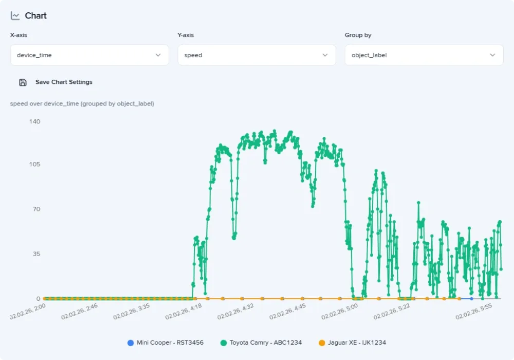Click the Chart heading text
point(35,16)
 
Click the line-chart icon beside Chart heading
point(15,16)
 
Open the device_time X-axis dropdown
point(89,55)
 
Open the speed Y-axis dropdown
point(256,55)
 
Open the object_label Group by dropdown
point(424,55)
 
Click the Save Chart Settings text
point(64,82)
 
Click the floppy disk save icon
point(23,82)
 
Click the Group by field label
point(358,35)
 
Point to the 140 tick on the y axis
point(35,121)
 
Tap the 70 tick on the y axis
point(36,209)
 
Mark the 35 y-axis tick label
point(36,254)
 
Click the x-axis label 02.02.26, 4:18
point(183,312)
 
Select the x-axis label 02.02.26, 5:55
point(473,312)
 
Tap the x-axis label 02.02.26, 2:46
point(79,312)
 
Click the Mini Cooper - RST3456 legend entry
point(166,343)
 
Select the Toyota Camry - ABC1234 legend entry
point(262,343)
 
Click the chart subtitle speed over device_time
point(82,104)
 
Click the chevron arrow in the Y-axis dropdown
point(325,55)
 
